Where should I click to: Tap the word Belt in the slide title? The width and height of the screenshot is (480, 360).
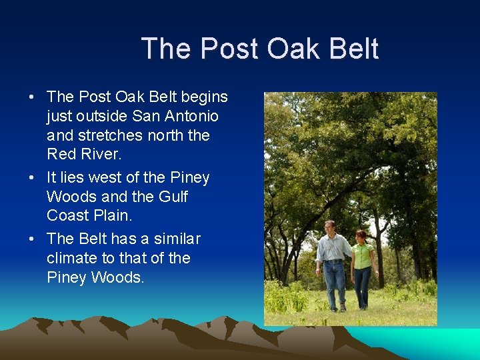pyautogui.click(x=355, y=49)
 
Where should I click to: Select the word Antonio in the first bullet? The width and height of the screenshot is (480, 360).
pyautogui.click(x=194, y=116)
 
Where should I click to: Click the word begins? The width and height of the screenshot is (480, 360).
pyautogui.click(x=203, y=97)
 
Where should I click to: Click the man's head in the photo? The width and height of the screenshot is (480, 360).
pyautogui.click(x=329, y=227)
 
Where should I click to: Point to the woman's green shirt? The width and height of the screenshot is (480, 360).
pyautogui.click(x=363, y=255)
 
